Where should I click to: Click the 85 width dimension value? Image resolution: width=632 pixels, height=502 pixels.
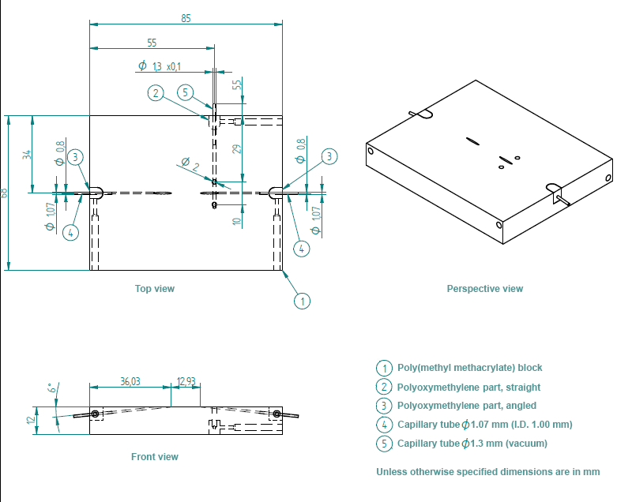pyautogui.click(x=186, y=17)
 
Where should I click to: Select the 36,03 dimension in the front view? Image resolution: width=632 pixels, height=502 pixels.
pyautogui.click(x=130, y=381)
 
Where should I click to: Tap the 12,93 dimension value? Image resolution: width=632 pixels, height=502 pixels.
pyautogui.click(x=187, y=381)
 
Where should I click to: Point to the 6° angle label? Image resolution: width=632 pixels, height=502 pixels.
pyautogui.click(x=51, y=388)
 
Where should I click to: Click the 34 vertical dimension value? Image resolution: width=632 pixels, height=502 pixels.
pyautogui.click(x=26, y=154)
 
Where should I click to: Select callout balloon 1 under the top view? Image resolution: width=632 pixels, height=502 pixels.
pyautogui.click(x=301, y=300)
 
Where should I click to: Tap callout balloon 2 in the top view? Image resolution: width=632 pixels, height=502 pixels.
pyautogui.click(x=156, y=92)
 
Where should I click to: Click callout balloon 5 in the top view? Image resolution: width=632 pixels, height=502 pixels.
pyautogui.click(x=186, y=92)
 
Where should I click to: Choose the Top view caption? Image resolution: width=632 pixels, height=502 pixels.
pyautogui.click(x=155, y=289)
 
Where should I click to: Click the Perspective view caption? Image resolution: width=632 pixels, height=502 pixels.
pyautogui.click(x=485, y=289)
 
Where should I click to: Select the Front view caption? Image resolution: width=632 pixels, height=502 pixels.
pyautogui.click(x=155, y=457)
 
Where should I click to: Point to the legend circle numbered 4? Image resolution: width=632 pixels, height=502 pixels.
pyautogui.click(x=384, y=425)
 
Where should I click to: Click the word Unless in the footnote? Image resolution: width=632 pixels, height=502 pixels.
pyautogui.click(x=391, y=472)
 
